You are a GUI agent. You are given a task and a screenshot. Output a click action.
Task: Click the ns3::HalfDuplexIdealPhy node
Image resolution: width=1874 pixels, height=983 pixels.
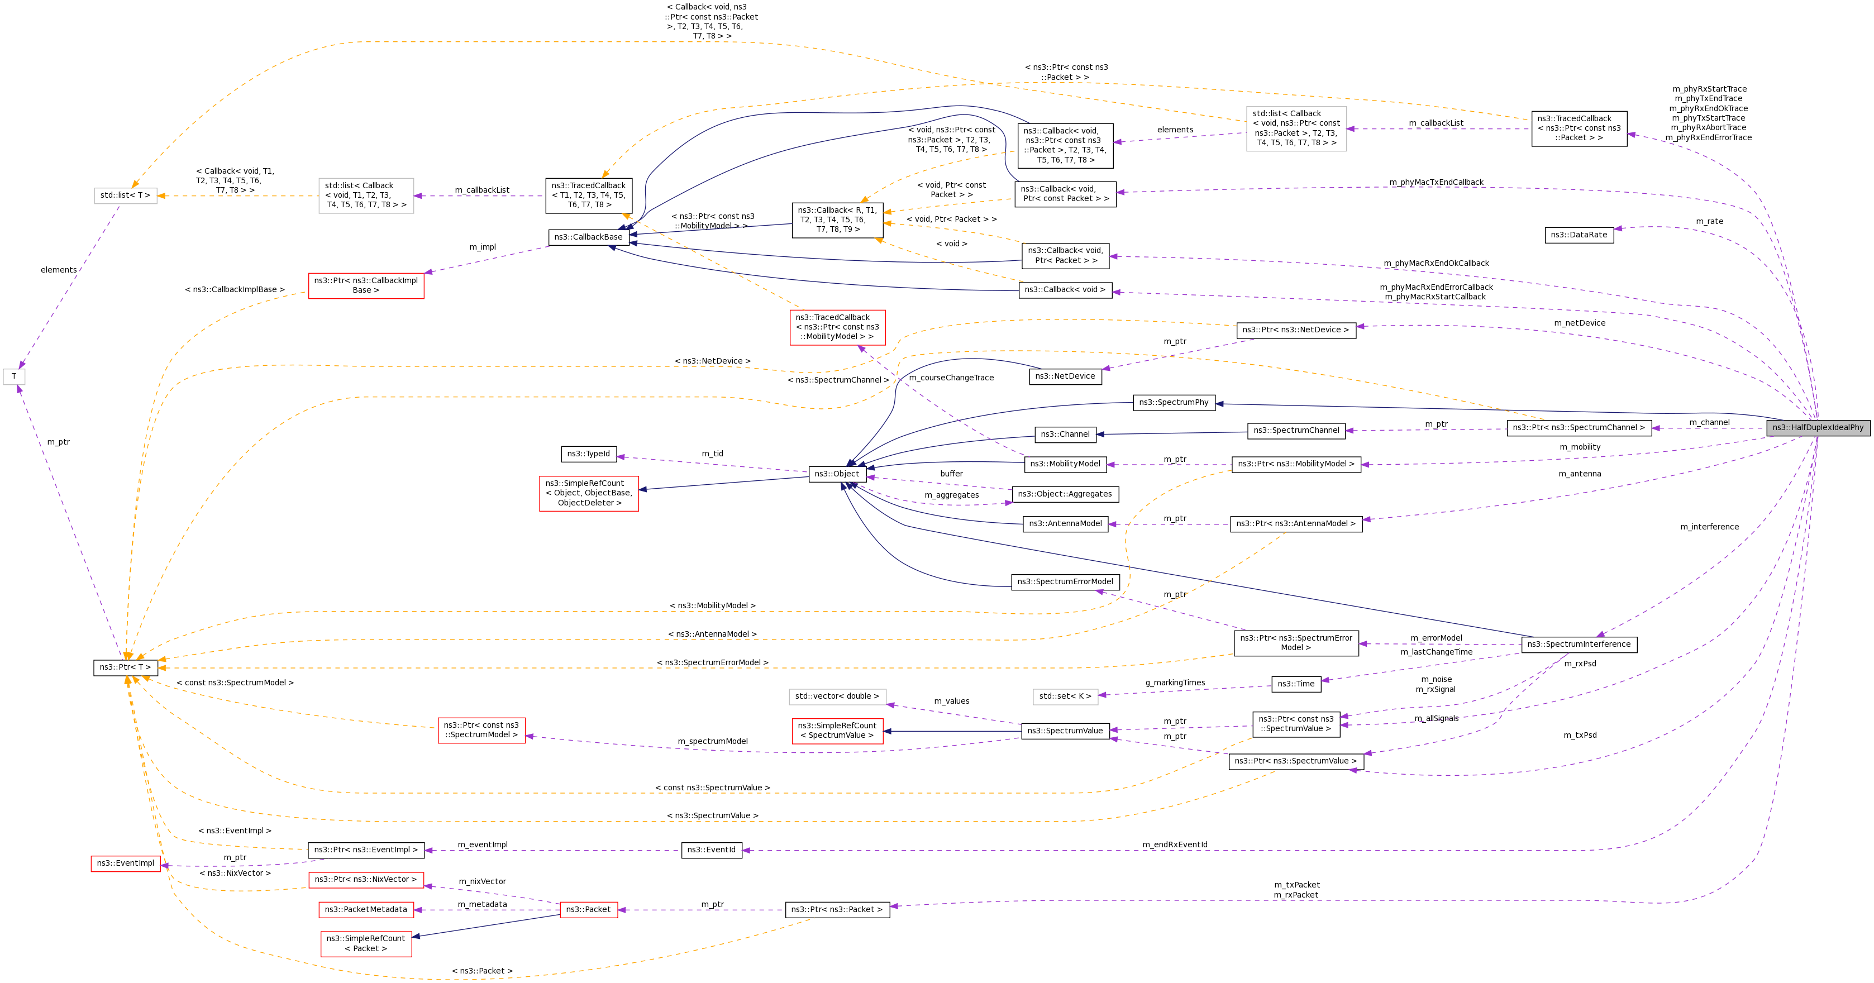pyautogui.click(x=1818, y=428)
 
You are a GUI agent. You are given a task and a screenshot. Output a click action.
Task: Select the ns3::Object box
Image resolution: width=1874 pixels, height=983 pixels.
pyautogui.click(x=837, y=474)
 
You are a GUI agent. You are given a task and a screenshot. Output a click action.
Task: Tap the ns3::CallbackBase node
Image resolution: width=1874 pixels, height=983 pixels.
pyautogui.click(x=589, y=237)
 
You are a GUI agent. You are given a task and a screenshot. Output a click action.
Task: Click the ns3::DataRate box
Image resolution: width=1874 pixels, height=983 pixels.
pyautogui.click(x=1579, y=235)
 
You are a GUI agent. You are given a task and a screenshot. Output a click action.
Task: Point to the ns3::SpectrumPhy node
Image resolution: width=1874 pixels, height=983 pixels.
pyautogui.click(x=1174, y=402)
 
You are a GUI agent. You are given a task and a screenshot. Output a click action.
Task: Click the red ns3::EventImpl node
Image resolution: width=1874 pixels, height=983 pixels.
pyautogui.click(x=126, y=863)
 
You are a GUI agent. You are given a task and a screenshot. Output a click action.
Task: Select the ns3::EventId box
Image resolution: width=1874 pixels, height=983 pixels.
pyautogui.click(x=712, y=850)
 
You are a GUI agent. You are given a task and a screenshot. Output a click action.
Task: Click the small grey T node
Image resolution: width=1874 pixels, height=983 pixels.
pyautogui.click(x=14, y=377)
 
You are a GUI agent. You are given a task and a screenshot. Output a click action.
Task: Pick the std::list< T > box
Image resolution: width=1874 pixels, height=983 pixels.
pyautogui.click(x=125, y=195)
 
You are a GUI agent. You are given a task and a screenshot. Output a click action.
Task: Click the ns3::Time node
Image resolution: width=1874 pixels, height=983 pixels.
pyautogui.click(x=1296, y=684)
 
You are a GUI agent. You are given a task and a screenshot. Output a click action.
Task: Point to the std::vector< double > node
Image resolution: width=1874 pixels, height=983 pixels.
pyautogui.click(x=837, y=696)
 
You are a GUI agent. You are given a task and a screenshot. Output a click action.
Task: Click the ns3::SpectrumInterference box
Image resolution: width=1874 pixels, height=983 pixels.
pyautogui.click(x=1579, y=645)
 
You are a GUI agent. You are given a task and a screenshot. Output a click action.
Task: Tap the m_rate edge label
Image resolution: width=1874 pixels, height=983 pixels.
pyautogui.click(x=1710, y=221)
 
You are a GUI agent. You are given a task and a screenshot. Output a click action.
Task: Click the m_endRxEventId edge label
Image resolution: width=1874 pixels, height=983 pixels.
pyautogui.click(x=1175, y=844)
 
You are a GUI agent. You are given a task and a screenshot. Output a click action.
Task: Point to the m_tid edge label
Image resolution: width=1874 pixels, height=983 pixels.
pyautogui.click(x=712, y=454)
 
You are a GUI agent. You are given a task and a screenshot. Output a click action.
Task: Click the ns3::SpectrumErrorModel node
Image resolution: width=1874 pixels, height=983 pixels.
pyautogui.click(x=1065, y=582)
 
